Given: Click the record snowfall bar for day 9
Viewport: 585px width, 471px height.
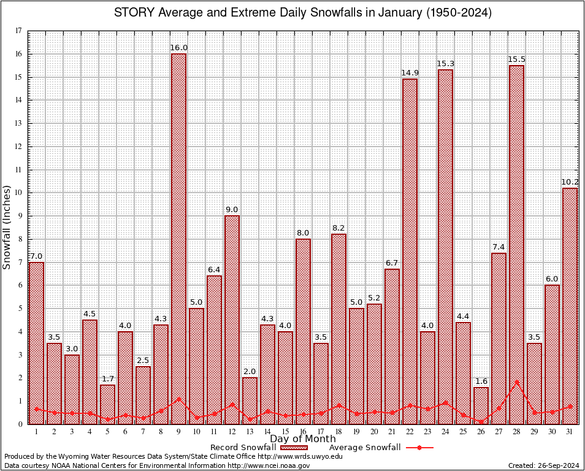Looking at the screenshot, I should coord(178,239).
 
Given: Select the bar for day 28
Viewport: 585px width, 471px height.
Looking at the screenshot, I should coord(516,245).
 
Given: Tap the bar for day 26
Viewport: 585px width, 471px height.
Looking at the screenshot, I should coord(481,405).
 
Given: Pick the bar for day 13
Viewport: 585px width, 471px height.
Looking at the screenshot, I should coord(250,400).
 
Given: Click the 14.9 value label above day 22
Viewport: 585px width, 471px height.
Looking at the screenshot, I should coord(410,73).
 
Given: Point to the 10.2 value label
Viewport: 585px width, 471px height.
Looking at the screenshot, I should coord(570,182).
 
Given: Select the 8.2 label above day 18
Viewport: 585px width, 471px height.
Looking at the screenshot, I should coord(338,228).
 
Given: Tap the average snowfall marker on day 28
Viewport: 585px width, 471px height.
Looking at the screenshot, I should coord(516,381).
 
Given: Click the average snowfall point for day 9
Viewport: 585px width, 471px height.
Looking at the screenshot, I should coord(178,399).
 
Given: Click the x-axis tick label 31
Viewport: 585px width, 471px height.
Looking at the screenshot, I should coord(570,432).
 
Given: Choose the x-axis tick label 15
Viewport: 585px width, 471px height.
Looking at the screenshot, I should coord(285,432).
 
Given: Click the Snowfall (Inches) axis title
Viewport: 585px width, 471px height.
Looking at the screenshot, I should coord(7,227).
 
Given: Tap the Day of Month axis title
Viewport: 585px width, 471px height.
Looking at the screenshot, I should coord(302,439).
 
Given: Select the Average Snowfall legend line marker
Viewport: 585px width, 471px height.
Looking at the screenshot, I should coord(419,448).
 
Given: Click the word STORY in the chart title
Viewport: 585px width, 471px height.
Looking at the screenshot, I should coord(132,13).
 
